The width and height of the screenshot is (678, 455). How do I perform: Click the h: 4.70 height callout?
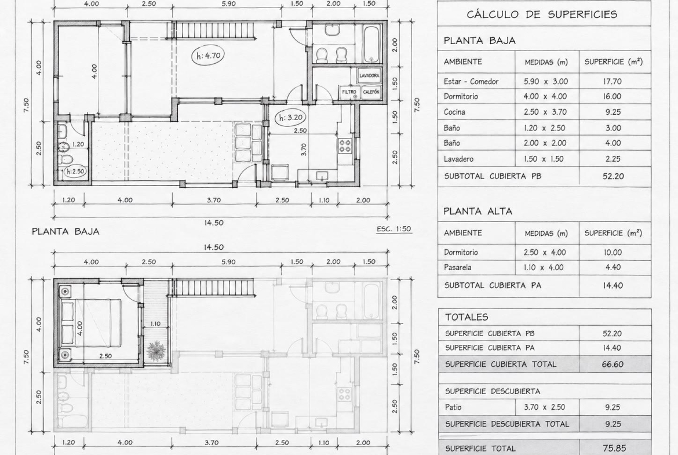pyautogui.click(x=209, y=56)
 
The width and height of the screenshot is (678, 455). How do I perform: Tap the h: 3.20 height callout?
pyautogui.click(x=290, y=117)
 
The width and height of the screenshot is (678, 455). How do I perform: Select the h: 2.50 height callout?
pyautogui.click(x=75, y=171)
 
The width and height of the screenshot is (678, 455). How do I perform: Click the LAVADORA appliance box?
pyautogui.click(x=369, y=76)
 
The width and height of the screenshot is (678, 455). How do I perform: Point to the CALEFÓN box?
pyautogui.click(x=371, y=92)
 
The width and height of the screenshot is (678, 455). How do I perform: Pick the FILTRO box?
pyautogui.click(x=349, y=92)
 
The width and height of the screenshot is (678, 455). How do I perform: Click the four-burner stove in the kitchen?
pyautogui.click(x=345, y=145)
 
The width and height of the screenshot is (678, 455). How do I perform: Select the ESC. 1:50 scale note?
pyautogui.click(x=394, y=229)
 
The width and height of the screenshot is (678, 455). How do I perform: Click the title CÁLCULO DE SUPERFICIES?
pyautogui.click(x=542, y=14)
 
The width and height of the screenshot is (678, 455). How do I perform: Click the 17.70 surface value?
pyautogui.click(x=613, y=81)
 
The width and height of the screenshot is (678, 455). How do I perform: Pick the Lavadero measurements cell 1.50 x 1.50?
pyautogui.click(x=544, y=159)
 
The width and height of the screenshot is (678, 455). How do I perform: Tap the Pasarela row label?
pyautogui.click(x=457, y=267)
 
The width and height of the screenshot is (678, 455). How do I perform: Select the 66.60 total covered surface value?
pyautogui.click(x=613, y=364)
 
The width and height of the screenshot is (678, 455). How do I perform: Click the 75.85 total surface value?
pyautogui.click(x=613, y=448)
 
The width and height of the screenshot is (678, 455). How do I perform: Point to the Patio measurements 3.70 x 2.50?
pyautogui.click(x=544, y=407)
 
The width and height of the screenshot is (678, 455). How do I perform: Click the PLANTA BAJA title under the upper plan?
pyautogui.click(x=65, y=231)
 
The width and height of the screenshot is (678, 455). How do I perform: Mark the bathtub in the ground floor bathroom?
pyautogui.click(x=371, y=44)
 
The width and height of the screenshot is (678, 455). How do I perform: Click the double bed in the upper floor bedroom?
pyautogui.click(x=92, y=323)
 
